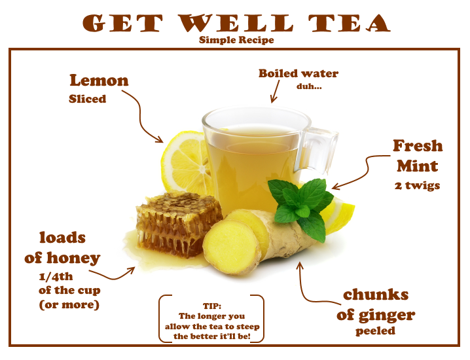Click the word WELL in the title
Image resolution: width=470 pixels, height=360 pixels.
(x=236, y=23)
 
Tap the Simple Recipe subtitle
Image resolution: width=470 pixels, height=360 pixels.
(x=236, y=40)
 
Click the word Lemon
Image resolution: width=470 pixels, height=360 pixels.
(x=99, y=81)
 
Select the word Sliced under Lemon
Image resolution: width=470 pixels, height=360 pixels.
(x=87, y=99)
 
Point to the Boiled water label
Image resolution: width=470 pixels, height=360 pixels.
(x=298, y=73)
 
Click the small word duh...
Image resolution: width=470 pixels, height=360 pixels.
(x=309, y=86)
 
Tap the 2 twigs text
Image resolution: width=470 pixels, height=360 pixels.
(x=417, y=185)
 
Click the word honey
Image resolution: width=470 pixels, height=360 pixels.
(x=73, y=258)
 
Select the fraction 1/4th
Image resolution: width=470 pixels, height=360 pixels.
(x=56, y=276)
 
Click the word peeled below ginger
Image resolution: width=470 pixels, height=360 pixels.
(x=375, y=331)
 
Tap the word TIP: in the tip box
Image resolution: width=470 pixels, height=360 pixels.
(x=212, y=306)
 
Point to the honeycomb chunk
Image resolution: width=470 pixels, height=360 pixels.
(x=179, y=225)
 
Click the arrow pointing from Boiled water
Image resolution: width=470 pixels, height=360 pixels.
(x=275, y=92)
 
